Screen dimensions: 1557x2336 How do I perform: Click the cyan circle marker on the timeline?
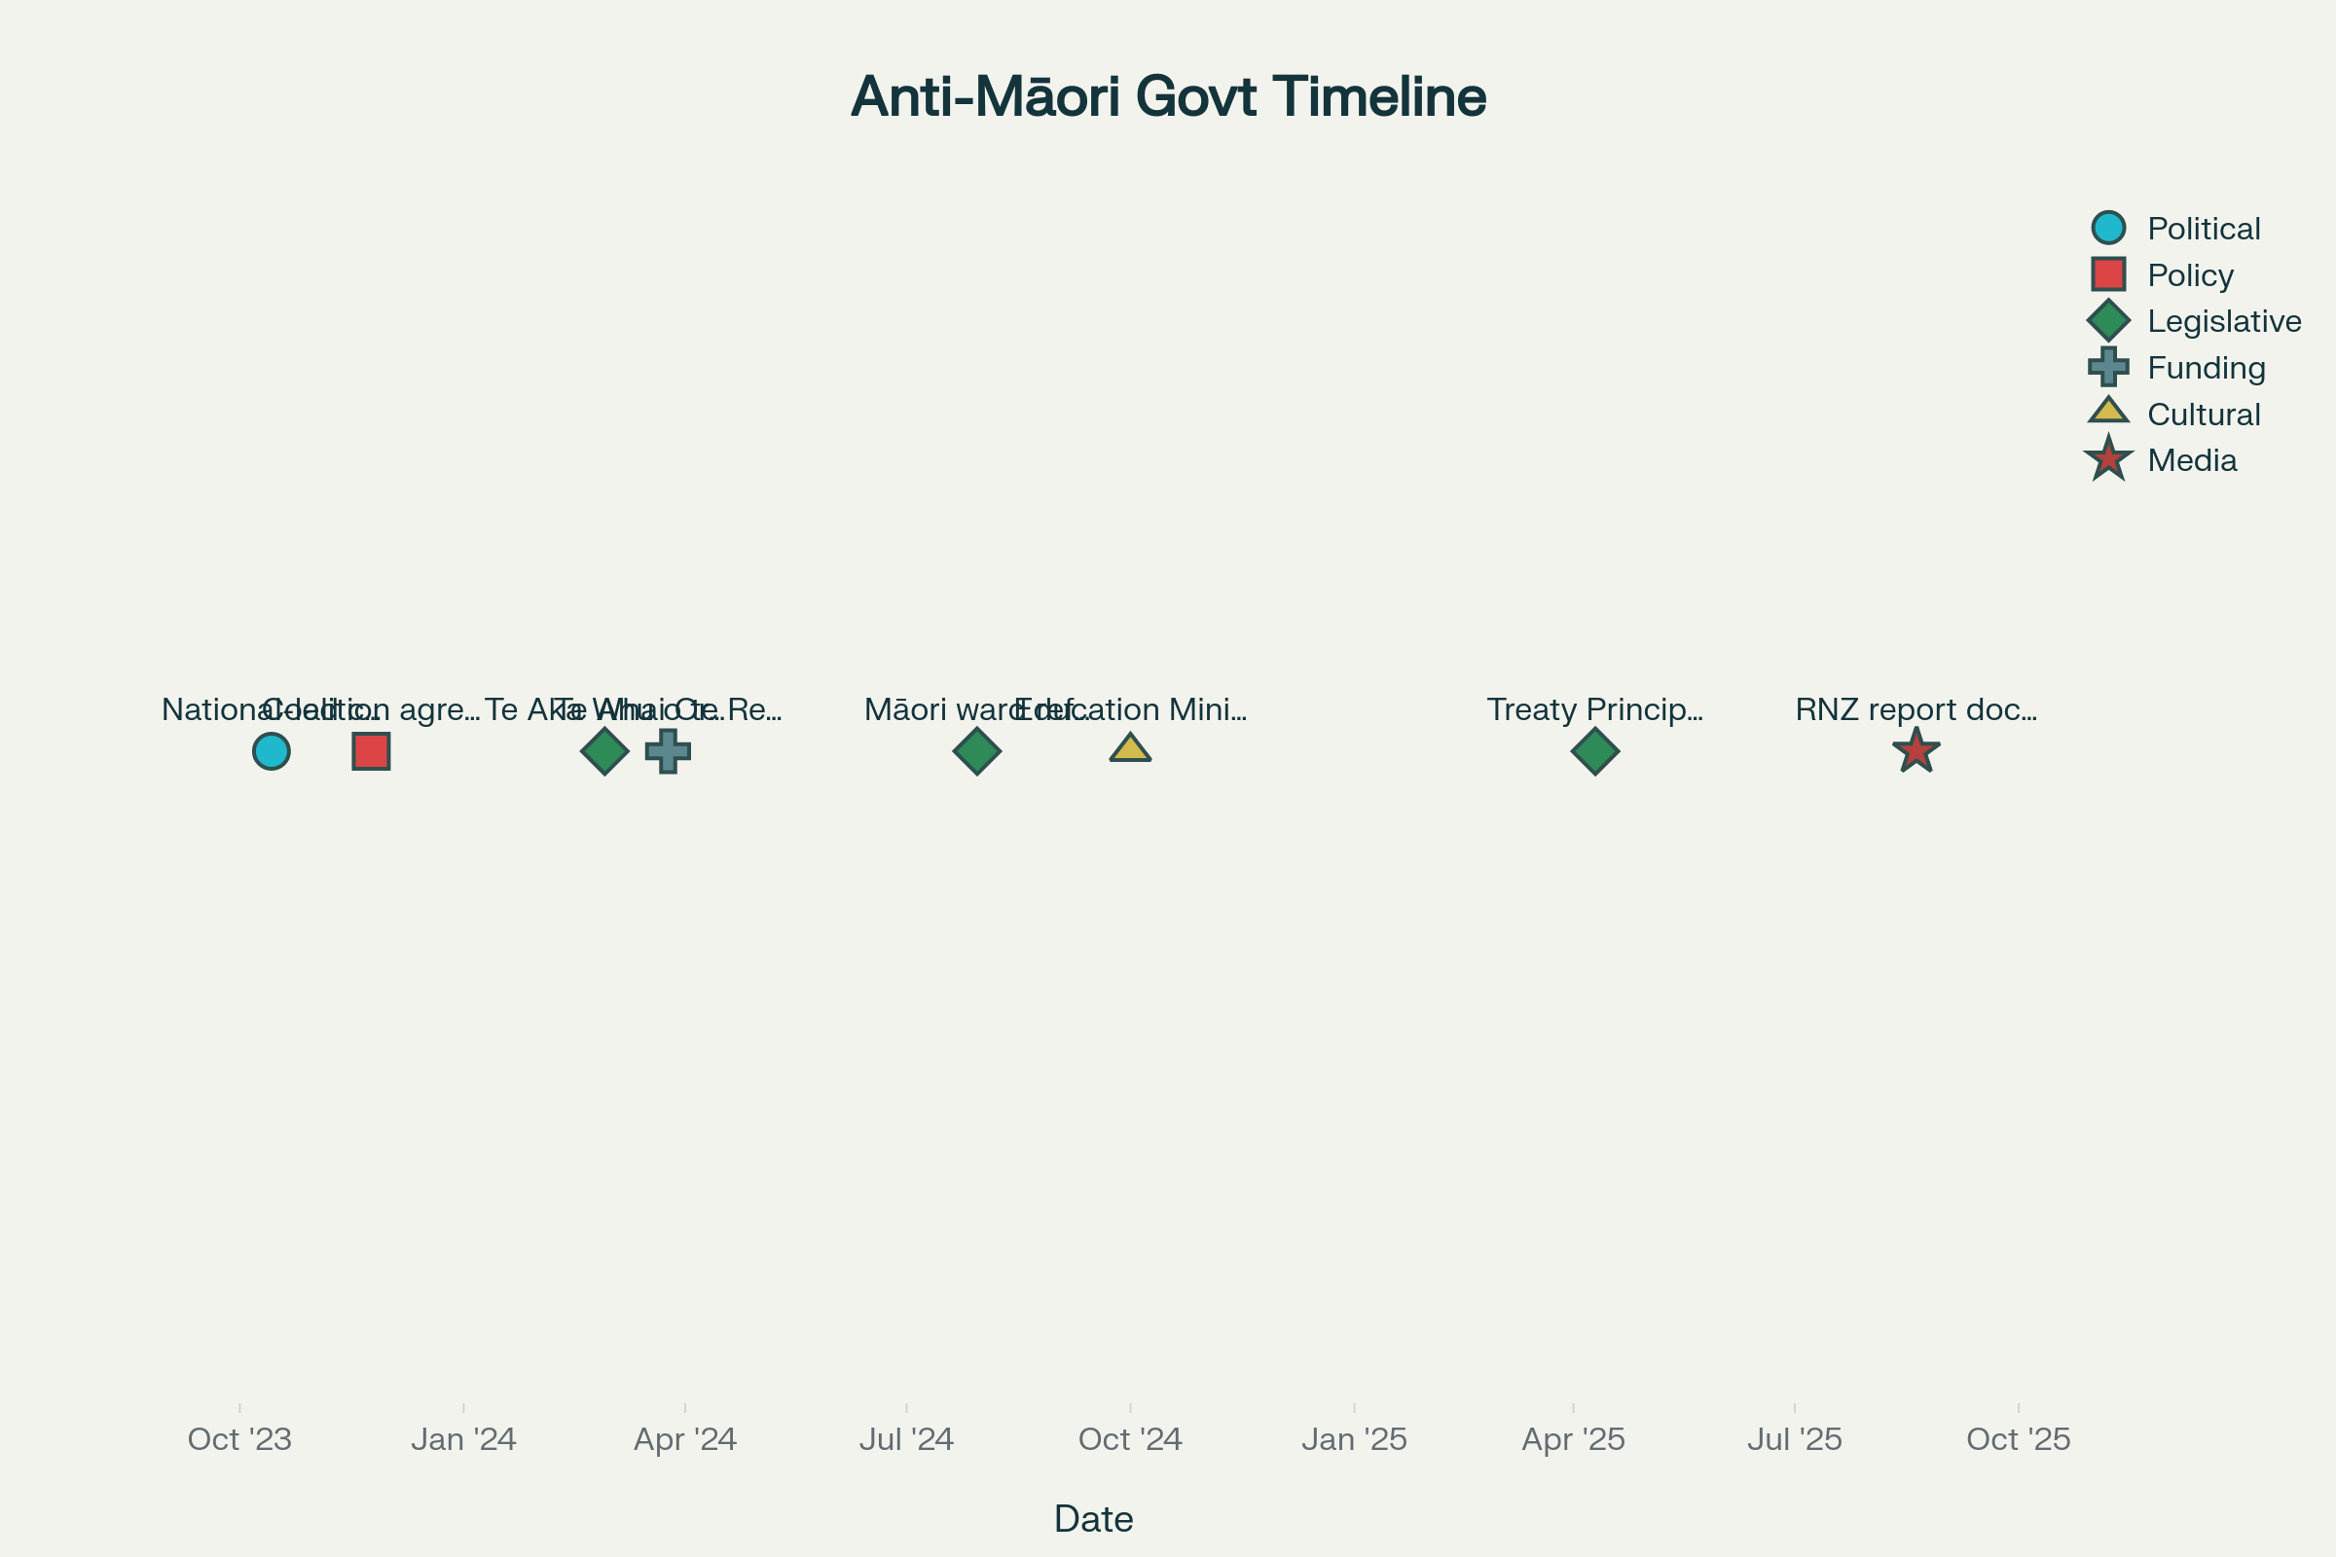(272, 750)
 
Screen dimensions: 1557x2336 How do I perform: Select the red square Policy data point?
(372, 750)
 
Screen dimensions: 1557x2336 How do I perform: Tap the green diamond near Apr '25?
(1595, 750)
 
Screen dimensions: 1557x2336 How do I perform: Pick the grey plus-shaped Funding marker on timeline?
(669, 750)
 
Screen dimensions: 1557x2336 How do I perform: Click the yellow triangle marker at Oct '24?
(1130, 748)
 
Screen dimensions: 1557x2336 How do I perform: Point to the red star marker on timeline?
(1916, 750)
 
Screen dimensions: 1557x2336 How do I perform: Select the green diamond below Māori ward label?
(976, 750)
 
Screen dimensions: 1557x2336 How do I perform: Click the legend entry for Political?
(2203, 229)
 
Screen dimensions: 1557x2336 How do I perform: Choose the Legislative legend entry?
(2223, 321)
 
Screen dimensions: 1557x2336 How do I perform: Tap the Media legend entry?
(2191, 459)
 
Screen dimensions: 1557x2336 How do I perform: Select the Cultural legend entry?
(2203, 415)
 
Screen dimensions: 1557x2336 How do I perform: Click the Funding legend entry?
(2205, 368)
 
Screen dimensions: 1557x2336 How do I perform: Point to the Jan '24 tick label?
(464, 1439)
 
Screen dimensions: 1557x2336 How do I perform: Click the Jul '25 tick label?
(1795, 1439)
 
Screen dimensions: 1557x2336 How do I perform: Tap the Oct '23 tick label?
(239, 1439)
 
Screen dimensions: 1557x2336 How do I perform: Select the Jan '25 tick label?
(1354, 1439)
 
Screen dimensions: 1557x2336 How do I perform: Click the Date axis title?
(1093, 1519)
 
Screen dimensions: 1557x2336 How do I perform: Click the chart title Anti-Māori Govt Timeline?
(1168, 96)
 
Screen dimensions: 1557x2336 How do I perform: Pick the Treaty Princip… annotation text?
(1595, 709)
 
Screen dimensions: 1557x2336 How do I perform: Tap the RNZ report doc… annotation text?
(1916, 709)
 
